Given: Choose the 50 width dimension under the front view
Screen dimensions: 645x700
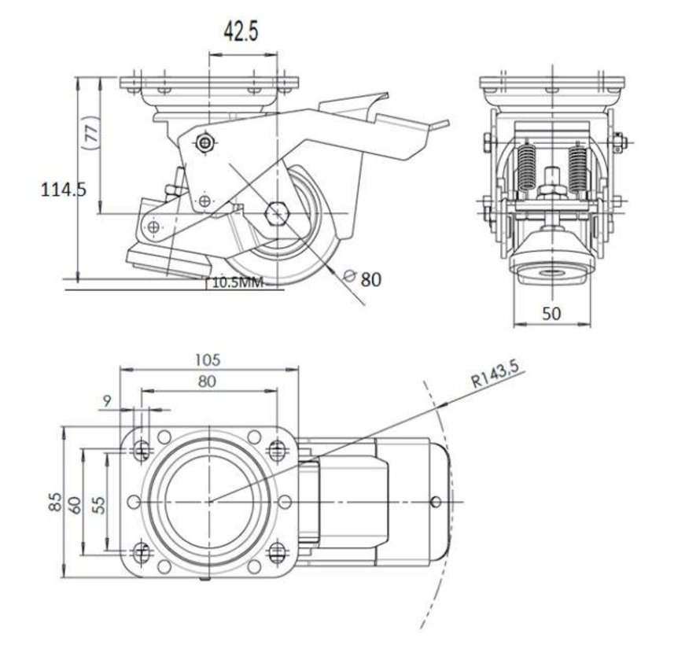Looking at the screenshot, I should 551,313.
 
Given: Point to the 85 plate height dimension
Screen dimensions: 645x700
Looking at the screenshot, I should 54,500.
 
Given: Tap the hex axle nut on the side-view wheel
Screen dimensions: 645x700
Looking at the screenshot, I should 276,213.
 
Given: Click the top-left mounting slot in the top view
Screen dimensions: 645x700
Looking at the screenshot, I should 142,451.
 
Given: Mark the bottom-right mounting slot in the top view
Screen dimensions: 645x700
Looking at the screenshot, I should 277,551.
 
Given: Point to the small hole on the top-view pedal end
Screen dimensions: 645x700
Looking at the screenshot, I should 437,501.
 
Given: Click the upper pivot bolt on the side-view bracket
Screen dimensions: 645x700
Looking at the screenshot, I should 206,142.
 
